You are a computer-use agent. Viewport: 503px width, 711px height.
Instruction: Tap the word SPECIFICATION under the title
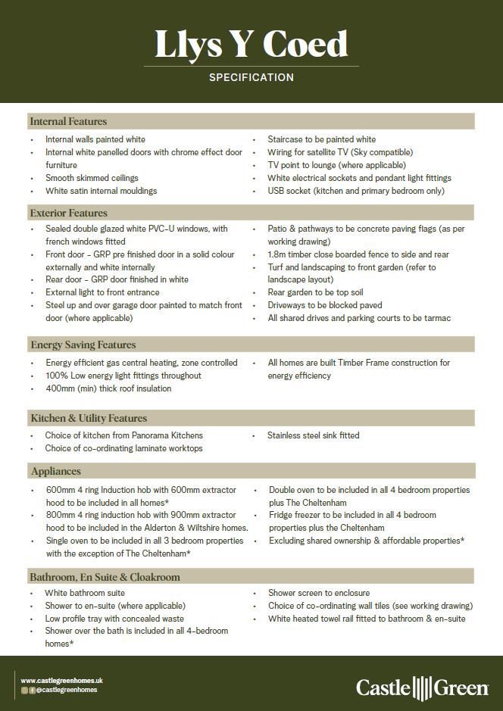[x=251, y=77]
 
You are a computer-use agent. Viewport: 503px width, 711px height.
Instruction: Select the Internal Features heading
[x=68, y=121]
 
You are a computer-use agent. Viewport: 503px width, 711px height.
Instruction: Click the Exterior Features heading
[x=69, y=213]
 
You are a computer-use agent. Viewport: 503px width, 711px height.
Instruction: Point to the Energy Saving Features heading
[x=83, y=345]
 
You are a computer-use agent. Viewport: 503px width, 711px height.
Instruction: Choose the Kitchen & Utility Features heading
[x=89, y=418]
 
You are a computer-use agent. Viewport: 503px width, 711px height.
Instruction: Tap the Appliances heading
[x=55, y=471]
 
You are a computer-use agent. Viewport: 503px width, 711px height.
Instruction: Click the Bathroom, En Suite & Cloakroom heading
[x=105, y=577]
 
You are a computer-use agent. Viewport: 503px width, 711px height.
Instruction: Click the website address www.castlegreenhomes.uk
[x=61, y=681]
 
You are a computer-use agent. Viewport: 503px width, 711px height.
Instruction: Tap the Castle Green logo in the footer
[x=422, y=688]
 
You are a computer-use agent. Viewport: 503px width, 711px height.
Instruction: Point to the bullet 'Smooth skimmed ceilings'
[x=92, y=178]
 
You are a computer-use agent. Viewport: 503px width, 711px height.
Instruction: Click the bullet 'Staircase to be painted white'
[x=321, y=139]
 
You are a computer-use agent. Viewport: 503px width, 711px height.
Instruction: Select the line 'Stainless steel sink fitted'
[x=313, y=435]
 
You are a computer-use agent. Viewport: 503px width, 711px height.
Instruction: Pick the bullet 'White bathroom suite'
[x=85, y=593]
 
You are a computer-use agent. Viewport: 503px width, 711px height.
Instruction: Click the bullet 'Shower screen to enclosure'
[x=319, y=593]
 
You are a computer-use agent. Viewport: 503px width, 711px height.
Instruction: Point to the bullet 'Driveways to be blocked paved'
[x=324, y=305]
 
